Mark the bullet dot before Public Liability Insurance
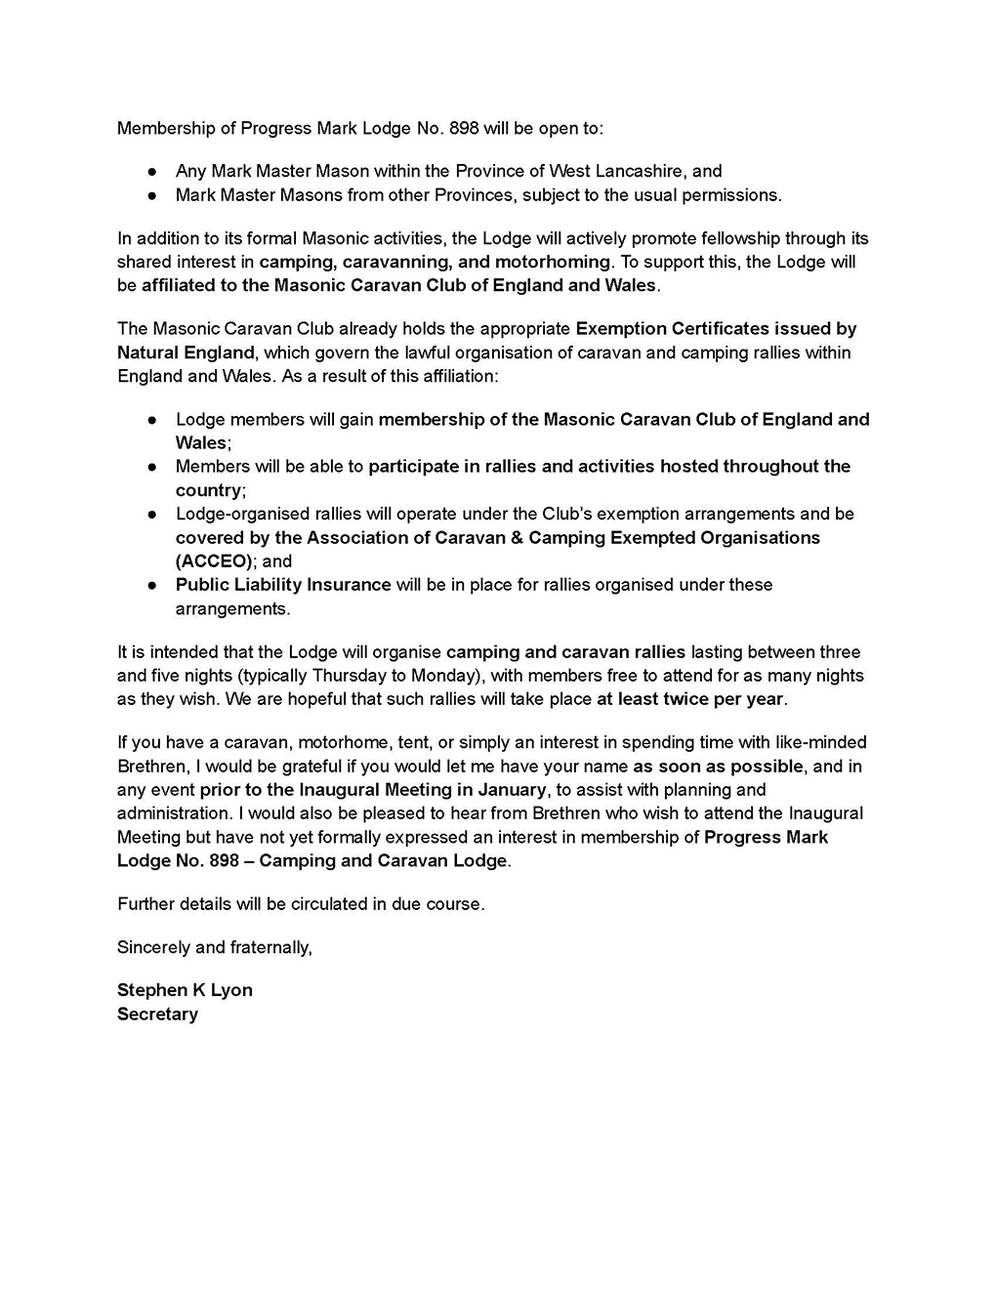pyautogui.click(x=152, y=585)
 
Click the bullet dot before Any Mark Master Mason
pyautogui.click(x=152, y=171)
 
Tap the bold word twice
pyautogui.click(x=689, y=698)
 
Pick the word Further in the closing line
pyautogui.click(x=147, y=903)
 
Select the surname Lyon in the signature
pyautogui.click(x=231, y=989)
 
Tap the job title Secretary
pyautogui.click(x=157, y=1014)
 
